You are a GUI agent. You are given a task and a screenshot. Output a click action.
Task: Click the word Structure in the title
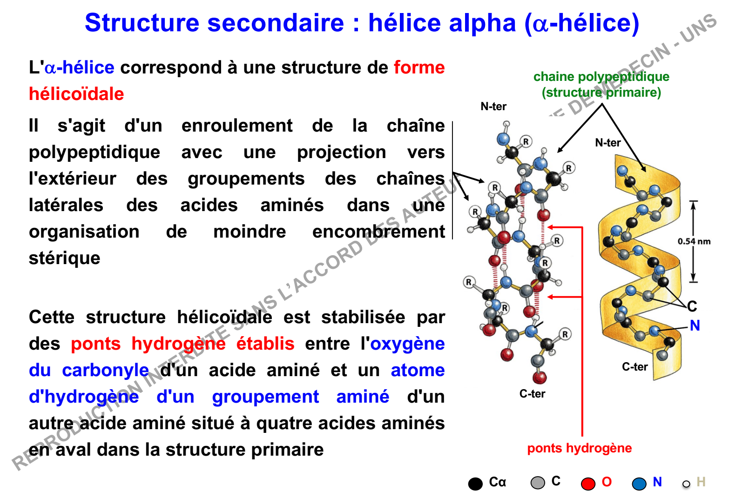[x=142, y=23]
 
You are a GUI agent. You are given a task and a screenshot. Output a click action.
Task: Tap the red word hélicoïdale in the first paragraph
[x=76, y=94]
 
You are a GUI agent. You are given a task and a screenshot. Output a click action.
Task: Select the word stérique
[x=64, y=259]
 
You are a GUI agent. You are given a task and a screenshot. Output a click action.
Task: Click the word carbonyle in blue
[x=106, y=371]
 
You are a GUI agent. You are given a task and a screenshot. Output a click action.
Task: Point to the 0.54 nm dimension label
[x=694, y=241]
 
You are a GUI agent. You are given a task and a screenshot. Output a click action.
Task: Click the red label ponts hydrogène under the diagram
[x=579, y=448]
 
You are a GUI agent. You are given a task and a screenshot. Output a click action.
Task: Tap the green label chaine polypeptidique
[x=601, y=77]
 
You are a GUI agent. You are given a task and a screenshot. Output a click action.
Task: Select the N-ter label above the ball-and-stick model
[x=493, y=106]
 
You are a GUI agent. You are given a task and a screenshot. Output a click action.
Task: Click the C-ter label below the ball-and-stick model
[x=532, y=394]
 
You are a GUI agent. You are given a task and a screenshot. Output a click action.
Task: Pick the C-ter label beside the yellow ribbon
[x=634, y=367]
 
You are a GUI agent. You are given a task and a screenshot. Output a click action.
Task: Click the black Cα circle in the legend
[x=475, y=484]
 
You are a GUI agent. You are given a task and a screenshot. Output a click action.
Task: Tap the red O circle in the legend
[x=588, y=484]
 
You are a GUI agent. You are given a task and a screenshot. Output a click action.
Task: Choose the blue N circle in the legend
[x=639, y=484]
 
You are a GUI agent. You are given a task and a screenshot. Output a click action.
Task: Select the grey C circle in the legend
[x=538, y=483]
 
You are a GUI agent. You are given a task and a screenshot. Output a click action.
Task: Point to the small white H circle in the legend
[x=686, y=484]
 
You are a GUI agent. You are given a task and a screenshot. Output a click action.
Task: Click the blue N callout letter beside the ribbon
[x=695, y=325]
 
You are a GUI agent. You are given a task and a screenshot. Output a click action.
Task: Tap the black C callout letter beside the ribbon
[x=692, y=306]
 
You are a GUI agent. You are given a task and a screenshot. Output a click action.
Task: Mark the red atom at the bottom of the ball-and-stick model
[x=540, y=378]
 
